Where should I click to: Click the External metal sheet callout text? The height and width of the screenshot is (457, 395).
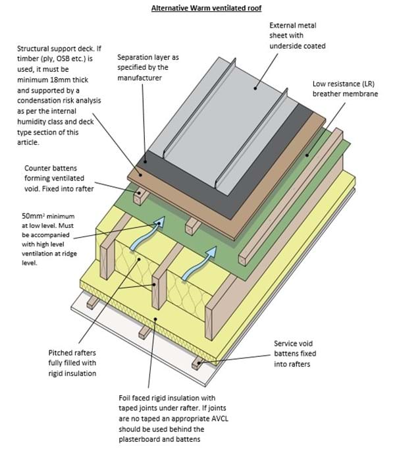point(298,36)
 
